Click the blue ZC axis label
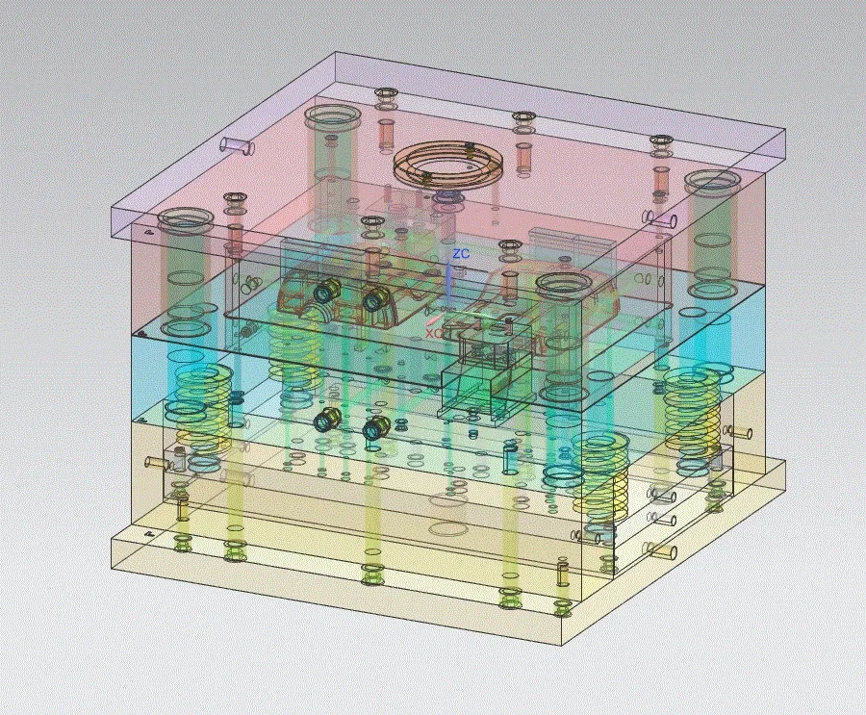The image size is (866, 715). click(461, 254)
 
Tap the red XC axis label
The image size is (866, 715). click(435, 332)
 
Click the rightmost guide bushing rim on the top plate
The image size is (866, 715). click(712, 182)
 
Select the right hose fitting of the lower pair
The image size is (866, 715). click(375, 427)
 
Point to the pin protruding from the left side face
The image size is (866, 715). click(155, 462)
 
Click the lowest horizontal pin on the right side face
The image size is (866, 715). click(664, 552)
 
